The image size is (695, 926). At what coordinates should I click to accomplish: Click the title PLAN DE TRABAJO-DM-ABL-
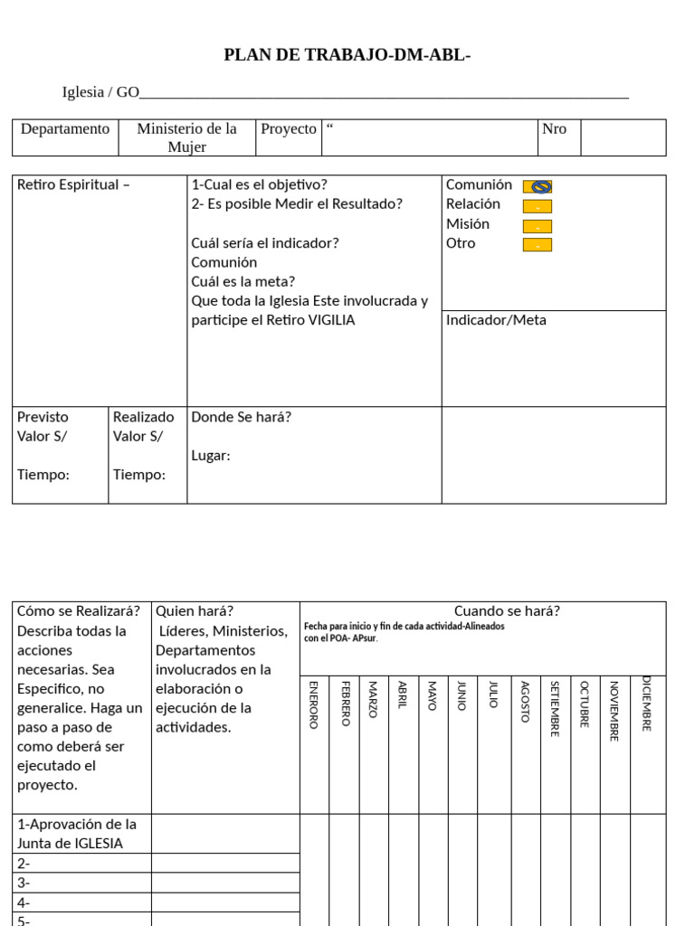pyautogui.click(x=347, y=56)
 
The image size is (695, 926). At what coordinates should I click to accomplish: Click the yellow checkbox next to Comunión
pyautogui.click(x=538, y=186)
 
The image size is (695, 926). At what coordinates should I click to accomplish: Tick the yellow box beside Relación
pyautogui.click(x=538, y=206)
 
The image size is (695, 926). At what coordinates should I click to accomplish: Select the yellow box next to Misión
pyautogui.click(x=538, y=226)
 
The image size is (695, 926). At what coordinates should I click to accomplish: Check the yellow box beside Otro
pyautogui.click(x=538, y=245)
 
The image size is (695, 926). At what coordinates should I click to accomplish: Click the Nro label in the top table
pyautogui.click(x=554, y=129)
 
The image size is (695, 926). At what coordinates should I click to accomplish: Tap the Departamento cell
pyautogui.click(x=65, y=129)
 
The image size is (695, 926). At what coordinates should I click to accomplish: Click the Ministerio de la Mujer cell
pyautogui.click(x=186, y=137)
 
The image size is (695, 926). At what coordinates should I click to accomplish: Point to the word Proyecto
pyautogui.click(x=289, y=129)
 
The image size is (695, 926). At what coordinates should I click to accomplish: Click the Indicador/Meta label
pyautogui.click(x=496, y=320)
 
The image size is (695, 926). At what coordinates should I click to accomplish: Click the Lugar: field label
pyautogui.click(x=211, y=456)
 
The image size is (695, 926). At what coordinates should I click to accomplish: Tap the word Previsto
pyautogui.click(x=43, y=417)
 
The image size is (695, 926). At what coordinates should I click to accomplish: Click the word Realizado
pyautogui.click(x=143, y=417)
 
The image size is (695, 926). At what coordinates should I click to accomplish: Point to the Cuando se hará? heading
pyautogui.click(x=507, y=611)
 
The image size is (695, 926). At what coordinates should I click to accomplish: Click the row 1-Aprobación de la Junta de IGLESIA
pyautogui.click(x=77, y=834)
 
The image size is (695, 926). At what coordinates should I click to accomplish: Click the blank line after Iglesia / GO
pyautogui.click(x=385, y=92)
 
